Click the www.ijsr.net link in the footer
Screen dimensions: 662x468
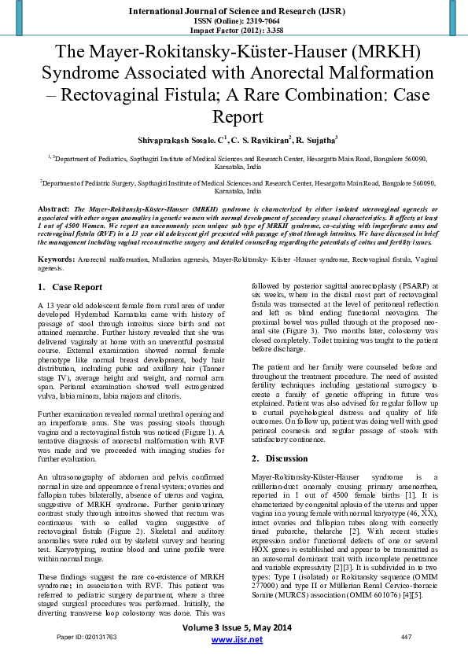click(234, 642)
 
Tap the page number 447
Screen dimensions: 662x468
click(407, 635)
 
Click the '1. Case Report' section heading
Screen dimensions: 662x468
click(70, 265)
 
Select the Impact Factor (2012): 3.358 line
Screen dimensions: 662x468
click(234, 30)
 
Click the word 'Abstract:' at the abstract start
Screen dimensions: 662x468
click(53, 210)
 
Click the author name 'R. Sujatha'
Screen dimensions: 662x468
click(315, 140)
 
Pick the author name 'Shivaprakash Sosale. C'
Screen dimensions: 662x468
click(175, 140)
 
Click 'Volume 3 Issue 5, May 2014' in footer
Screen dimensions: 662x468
click(234, 628)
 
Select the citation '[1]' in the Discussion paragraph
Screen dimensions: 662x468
click(409, 495)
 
